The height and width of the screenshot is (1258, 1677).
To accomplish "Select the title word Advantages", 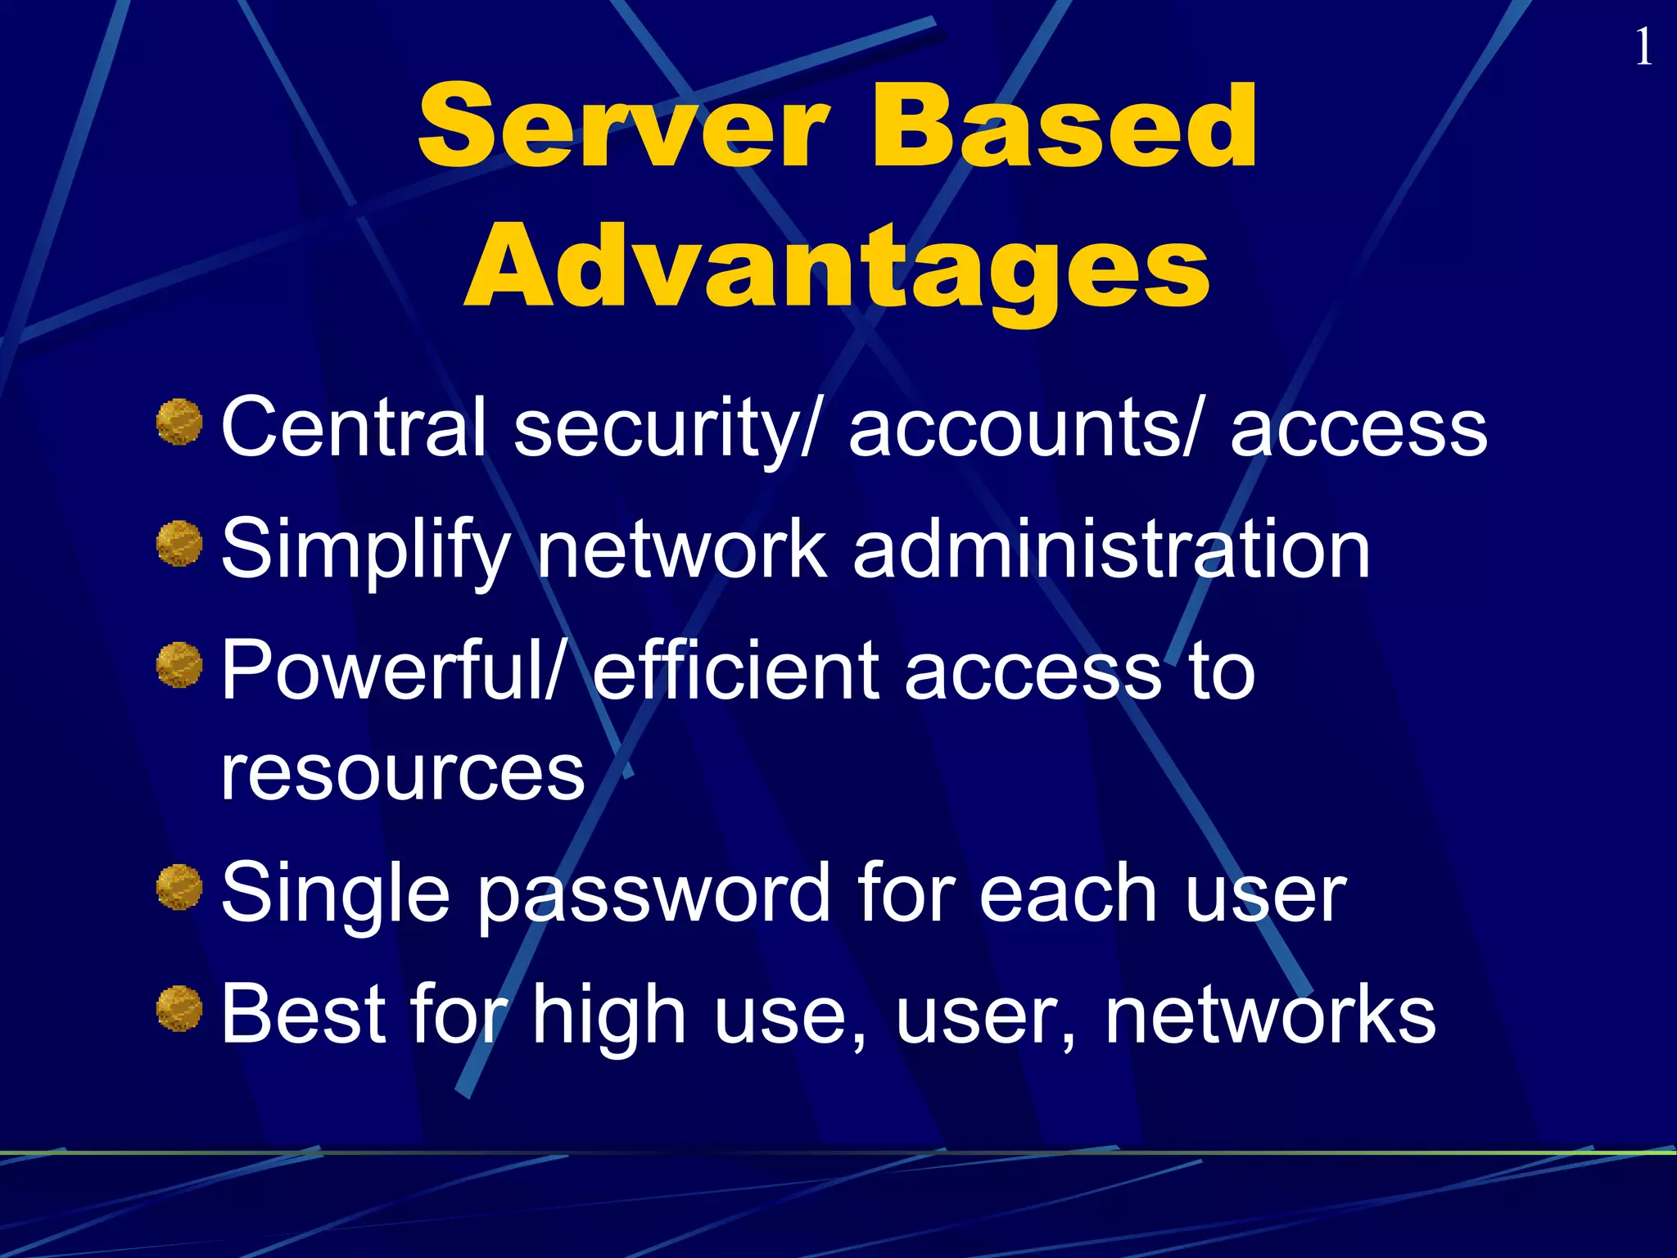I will [837, 268].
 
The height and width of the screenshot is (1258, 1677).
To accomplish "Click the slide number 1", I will [1643, 48].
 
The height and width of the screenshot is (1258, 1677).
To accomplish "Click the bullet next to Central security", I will [179, 422].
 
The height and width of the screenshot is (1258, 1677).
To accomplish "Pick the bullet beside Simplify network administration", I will [179, 544].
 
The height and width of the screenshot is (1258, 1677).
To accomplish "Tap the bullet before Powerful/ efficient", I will [179, 665].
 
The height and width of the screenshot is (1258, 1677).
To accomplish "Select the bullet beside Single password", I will [179, 887].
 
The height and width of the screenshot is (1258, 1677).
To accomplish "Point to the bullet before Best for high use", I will [179, 1008].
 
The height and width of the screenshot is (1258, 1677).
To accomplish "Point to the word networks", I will [1270, 1014].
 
